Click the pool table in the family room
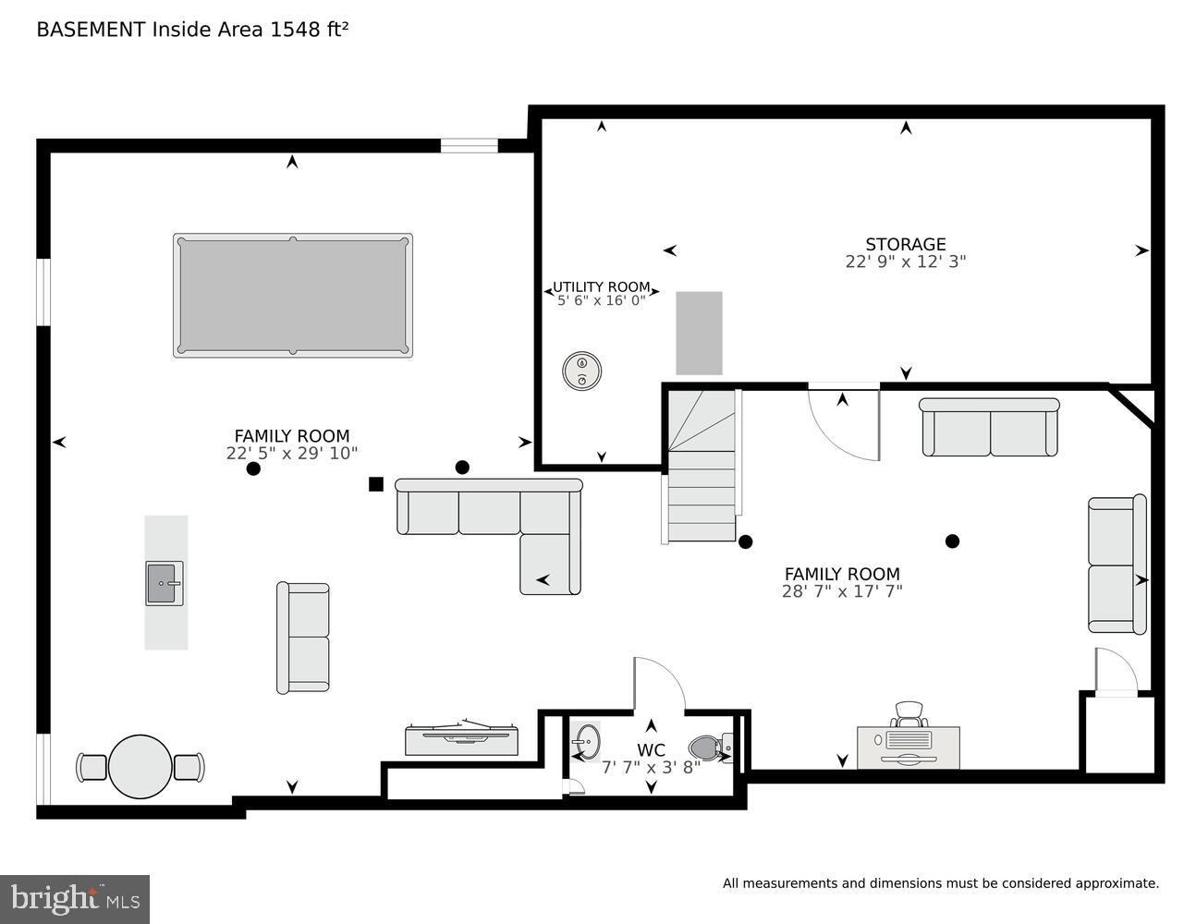click(x=292, y=295)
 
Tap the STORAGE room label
click(x=905, y=244)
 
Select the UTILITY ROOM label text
click(x=601, y=287)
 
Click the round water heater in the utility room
click(x=582, y=371)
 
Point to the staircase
click(x=702, y=467)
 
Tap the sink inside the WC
click(x=585, y=741)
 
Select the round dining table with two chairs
click(x=140, y=766)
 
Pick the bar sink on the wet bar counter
click(x=165, y=583)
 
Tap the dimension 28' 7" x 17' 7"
click(x=841, y=591)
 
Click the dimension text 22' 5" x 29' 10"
click(x=291, y=453)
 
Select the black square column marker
click(x=375, y=483)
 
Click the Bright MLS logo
click(x=75, y=898)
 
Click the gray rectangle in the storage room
click(x=699, y=333)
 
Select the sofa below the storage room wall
click(x=989, y=428)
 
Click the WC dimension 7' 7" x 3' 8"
click(x=651, y=767)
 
